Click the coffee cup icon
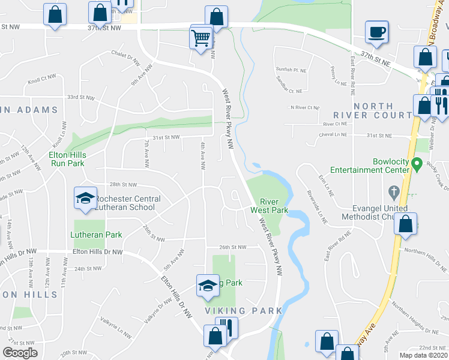click(x=376, y=32)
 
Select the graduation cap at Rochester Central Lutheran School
click(x=85, y=198)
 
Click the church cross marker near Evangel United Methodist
click(x=394, y=193)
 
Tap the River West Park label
click(x=274, y=206)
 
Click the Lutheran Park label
click(x=96, y=235)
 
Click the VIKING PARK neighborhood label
click(x=243, y=311)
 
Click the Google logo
click(x=20, y=353)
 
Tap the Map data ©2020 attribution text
click(x=424, y=355)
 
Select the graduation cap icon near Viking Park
click(x=207, y=286)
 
